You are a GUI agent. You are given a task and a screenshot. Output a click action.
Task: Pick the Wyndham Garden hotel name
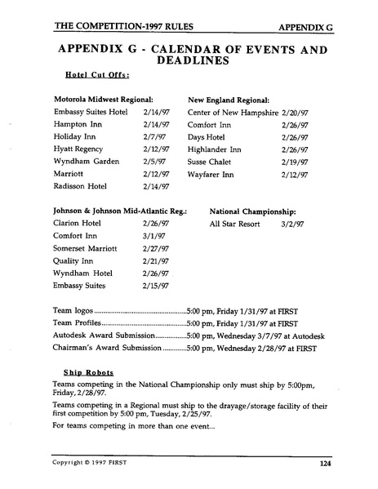click(86, 162)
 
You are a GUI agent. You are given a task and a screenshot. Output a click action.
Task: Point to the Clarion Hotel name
click(78, 223)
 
